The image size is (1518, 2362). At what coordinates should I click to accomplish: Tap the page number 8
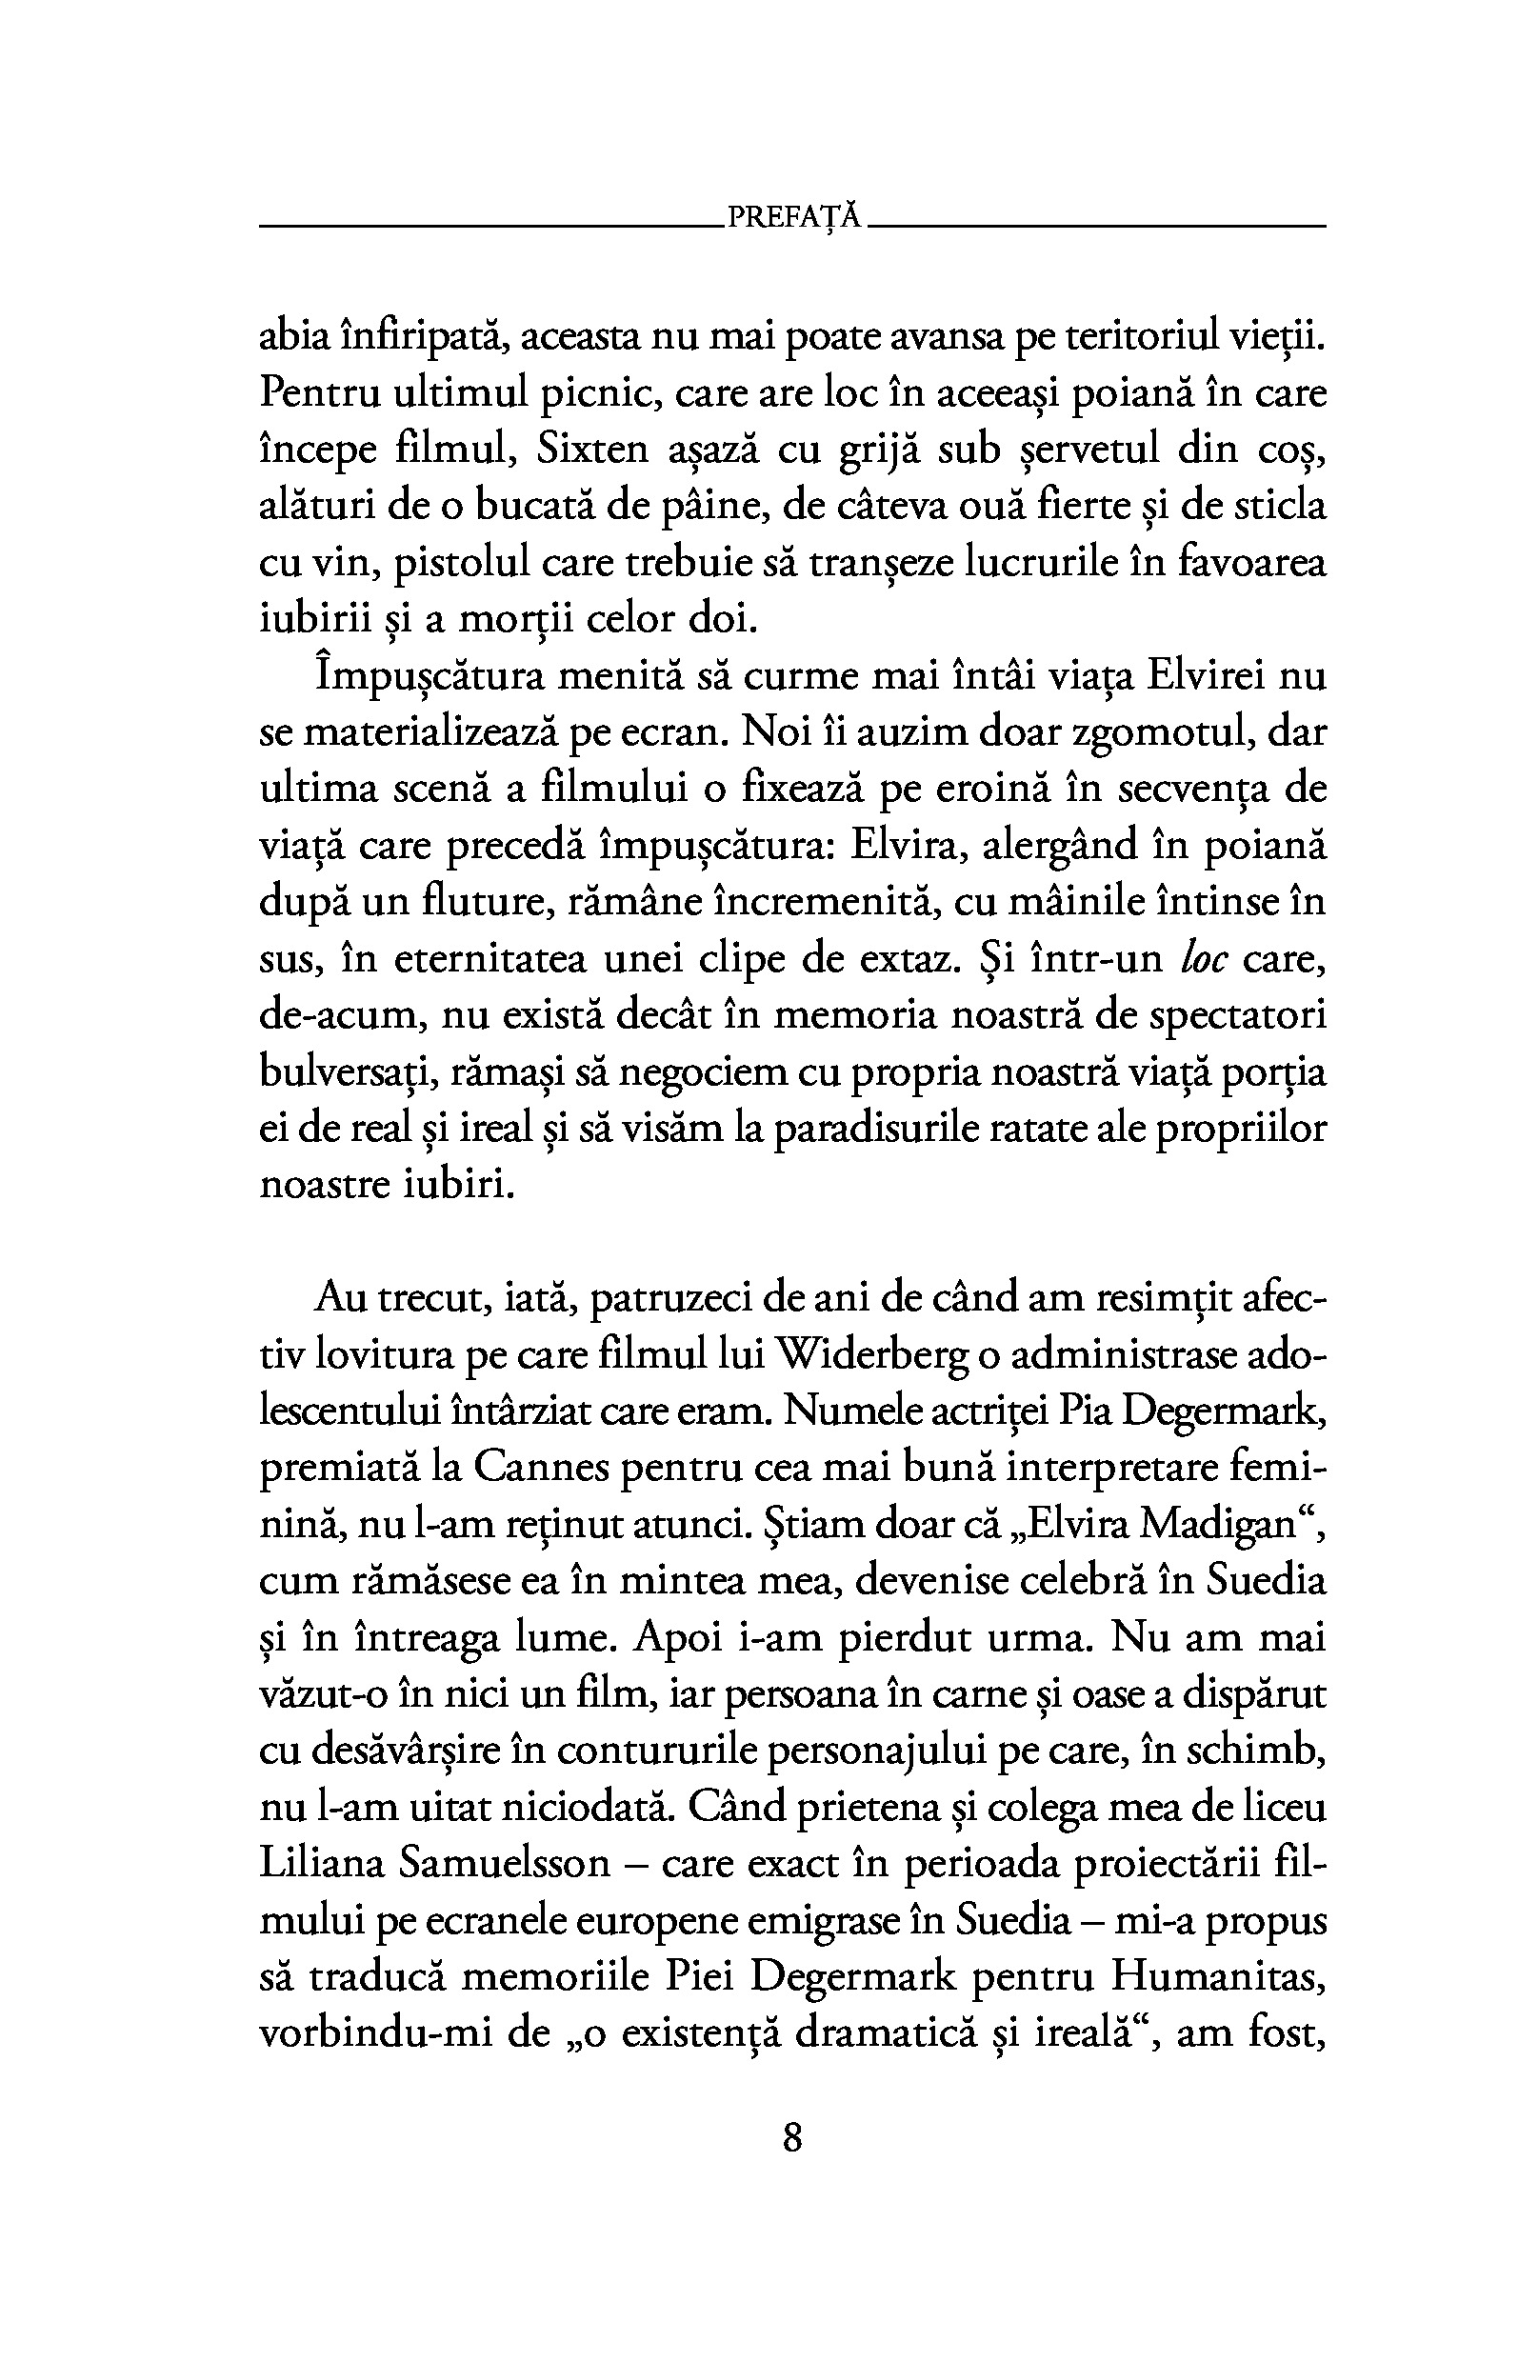click(x=791, y=2140)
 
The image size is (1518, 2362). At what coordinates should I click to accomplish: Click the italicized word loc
click(x=1202, y=959)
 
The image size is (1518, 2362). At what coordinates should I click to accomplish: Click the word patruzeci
click(x=672, y=1298)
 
